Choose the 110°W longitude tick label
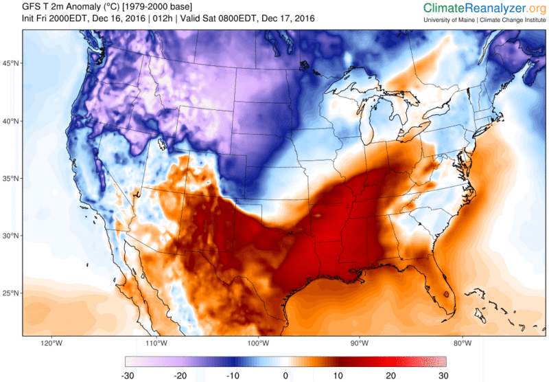pos(155,344)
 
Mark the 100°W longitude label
pos(257,344)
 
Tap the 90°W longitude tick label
pos(360,344)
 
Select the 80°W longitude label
pos(462,344)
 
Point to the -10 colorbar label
pos(232,375)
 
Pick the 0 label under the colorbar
pos(285,375)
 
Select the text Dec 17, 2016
pos(287,19)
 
